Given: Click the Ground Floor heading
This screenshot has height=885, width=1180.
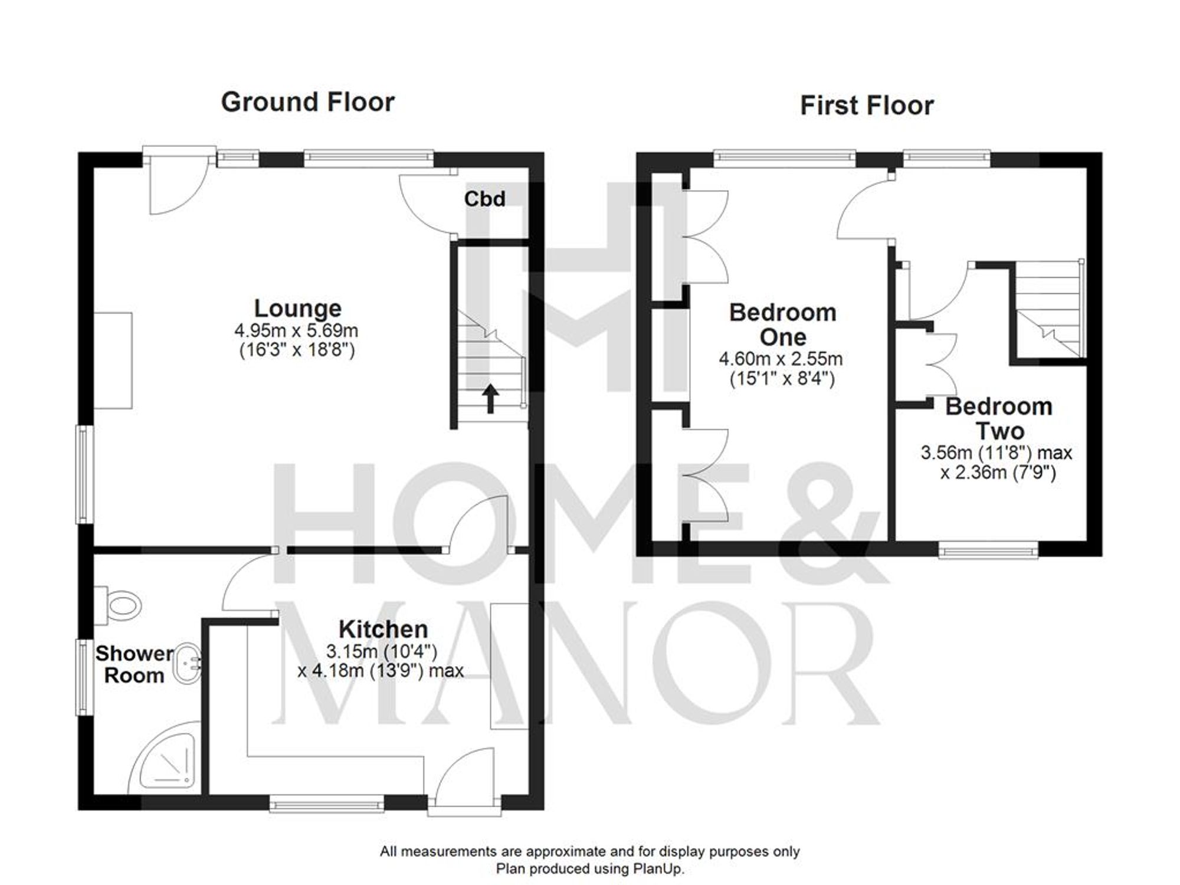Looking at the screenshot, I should pyautogui.click(x=307, y=102).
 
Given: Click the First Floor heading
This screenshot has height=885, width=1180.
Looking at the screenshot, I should pyautogui.click(x=867, y=106).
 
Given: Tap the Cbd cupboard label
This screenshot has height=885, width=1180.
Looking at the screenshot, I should pyautogui.click(x=484, y=199).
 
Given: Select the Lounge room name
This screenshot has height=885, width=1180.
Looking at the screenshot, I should pyautogui.click(x=297, y=309).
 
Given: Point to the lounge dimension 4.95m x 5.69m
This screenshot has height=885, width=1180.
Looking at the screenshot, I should pyautogui.click(x=296, y=330).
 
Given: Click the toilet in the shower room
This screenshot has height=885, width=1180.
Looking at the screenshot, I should pyautogui.click(x=121, y=605).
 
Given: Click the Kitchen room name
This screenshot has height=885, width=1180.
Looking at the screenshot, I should pyautogui.click(x=383, y=629).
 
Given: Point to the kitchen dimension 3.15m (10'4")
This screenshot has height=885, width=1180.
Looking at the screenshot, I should pyautogui.click(x=382, y=651).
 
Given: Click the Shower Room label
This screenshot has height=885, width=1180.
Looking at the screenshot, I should pyautogui.click(x=134, y=664).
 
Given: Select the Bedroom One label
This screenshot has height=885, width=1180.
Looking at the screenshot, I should pyautogui.click(x=782, y=324).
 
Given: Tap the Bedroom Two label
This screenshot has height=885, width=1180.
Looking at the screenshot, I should pyautogui.click(x=998, y=418).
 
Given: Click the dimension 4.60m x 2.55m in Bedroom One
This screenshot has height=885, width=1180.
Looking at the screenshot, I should pyautogui.click(x=780, y=359).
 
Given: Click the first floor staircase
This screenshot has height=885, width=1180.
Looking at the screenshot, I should pyautogui.click(x=1050, y=313).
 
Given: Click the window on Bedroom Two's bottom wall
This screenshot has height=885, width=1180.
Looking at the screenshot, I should pyautogui.click(x=988, y=551).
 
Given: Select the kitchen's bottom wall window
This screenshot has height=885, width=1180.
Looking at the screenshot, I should pyautogui.click(x=327, y=804).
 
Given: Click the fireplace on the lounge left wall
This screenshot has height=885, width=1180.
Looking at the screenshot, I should pyautogui.click(x=113, y=360).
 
